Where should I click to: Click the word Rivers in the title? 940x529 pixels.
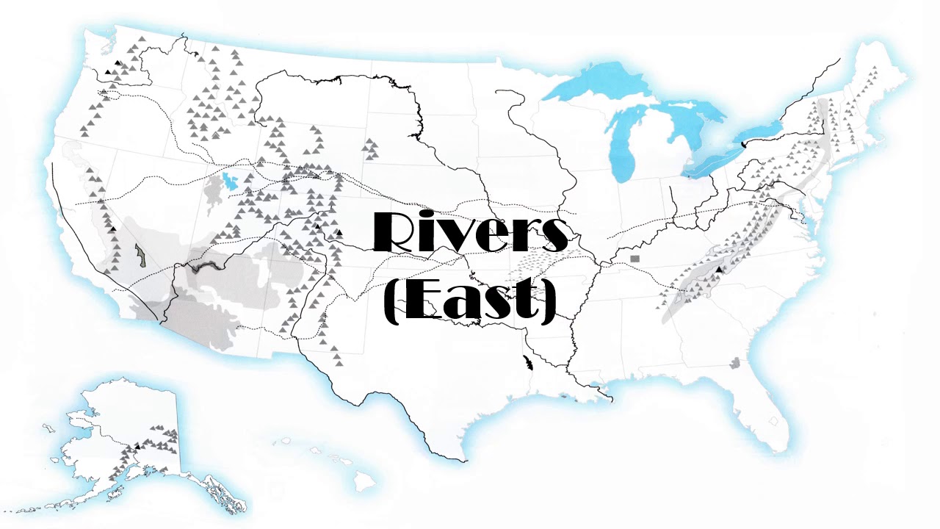pyautogui.click(x=470, y=233)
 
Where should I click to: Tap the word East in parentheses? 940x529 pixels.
pyautogui.click(x=471, y=301)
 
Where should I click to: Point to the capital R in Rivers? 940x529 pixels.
pyautogui.click(x=397, y=233)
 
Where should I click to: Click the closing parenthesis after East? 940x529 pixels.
pyautogui.click(x=548, y=303)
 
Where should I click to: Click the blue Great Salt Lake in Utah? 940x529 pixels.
pyautogui.click(x=233, y=181)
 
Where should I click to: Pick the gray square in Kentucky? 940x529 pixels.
pyautogui.click(x=635, y=259)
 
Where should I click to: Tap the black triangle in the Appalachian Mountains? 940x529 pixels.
pyautogui.click(x=719, y=270)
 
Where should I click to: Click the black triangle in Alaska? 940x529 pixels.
pyautogui.click(x=137, y=446)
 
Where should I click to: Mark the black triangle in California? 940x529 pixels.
pyautogui.click(x=113, y=230)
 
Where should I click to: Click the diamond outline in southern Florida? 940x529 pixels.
pyautogui.click(x=773, y=422)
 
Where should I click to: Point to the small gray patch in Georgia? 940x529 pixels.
pyautogui.click(x=735, y=362)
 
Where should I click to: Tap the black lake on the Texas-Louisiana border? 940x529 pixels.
pyautogui.click(x=527, y=361)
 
